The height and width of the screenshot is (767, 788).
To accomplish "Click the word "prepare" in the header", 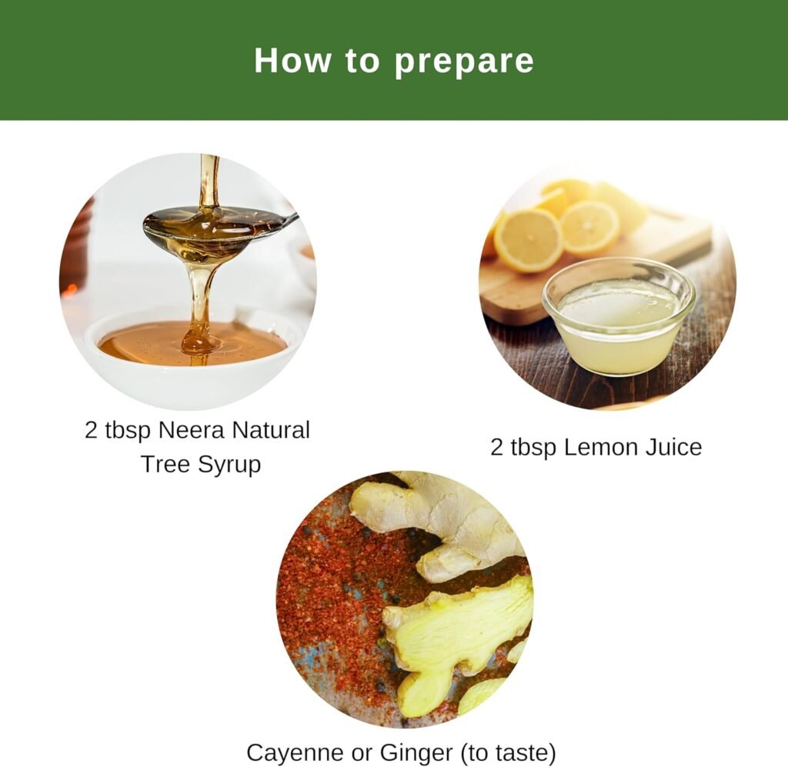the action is (x=463, y=62).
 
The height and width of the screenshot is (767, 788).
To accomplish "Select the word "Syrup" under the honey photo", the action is (x=229, y=465).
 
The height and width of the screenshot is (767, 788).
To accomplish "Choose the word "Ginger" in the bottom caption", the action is (x=416, y=753).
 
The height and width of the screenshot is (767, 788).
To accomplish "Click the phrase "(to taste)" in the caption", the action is (x=508, y=753).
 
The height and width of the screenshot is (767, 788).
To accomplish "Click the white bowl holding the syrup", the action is (x=193, y=352).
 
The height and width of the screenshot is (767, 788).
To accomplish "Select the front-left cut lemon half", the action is (x=528, y=240).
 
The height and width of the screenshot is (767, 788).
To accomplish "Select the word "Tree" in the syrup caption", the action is (x=166, y=464).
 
